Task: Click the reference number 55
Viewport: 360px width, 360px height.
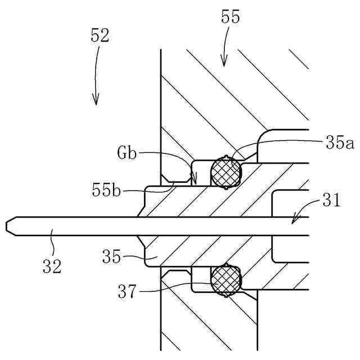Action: coord(231,17)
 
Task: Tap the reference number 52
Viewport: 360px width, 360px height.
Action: coord(100,36)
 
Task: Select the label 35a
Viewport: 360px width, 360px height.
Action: coord(339,143)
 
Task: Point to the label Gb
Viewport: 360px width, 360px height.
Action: coord(127,152)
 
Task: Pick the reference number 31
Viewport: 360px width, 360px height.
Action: coord(332,200)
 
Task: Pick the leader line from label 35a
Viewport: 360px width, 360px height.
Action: coord(270,142)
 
